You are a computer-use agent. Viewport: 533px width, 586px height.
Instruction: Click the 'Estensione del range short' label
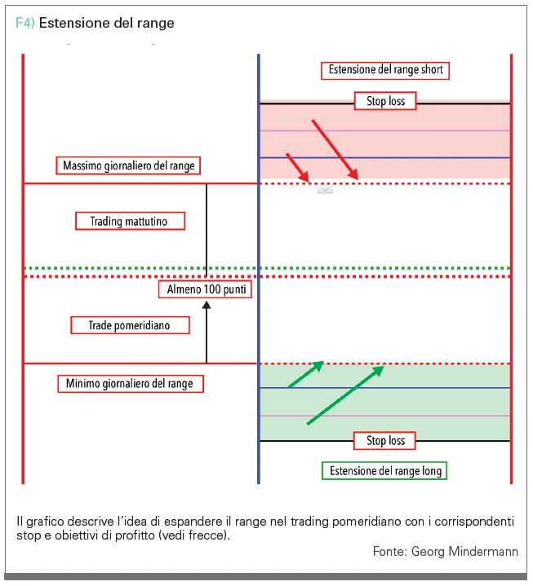[385, 70]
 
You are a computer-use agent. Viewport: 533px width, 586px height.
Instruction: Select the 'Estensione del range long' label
[384, 471]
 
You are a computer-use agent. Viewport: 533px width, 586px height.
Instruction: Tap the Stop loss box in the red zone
[385, 101]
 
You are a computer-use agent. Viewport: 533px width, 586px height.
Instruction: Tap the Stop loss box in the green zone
[384, 441]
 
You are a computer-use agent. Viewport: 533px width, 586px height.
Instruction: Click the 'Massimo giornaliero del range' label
[128, 165]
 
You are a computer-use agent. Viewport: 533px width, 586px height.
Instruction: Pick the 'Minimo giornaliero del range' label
[131, 384]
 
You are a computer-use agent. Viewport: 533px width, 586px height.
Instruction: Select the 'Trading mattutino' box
[130, 221]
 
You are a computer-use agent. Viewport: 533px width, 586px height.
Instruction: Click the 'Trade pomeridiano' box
[130, 325]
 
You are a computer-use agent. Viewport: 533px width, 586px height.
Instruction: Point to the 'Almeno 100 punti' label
[205, 289]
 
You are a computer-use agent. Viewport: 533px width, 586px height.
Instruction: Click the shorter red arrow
[298, 167]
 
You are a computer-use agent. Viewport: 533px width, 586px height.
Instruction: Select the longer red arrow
[335, 150]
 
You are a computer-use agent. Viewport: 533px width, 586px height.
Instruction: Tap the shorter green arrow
[306, 374]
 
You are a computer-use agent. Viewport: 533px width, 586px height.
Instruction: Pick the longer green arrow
[345, 395]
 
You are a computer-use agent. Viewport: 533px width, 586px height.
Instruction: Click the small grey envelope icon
[325, 189]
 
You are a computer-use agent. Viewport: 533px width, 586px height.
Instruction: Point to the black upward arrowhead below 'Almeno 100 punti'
[207, 306]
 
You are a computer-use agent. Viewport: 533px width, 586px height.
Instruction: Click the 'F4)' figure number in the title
[25, 23]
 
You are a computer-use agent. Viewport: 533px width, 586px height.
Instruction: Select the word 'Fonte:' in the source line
[390, 551]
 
